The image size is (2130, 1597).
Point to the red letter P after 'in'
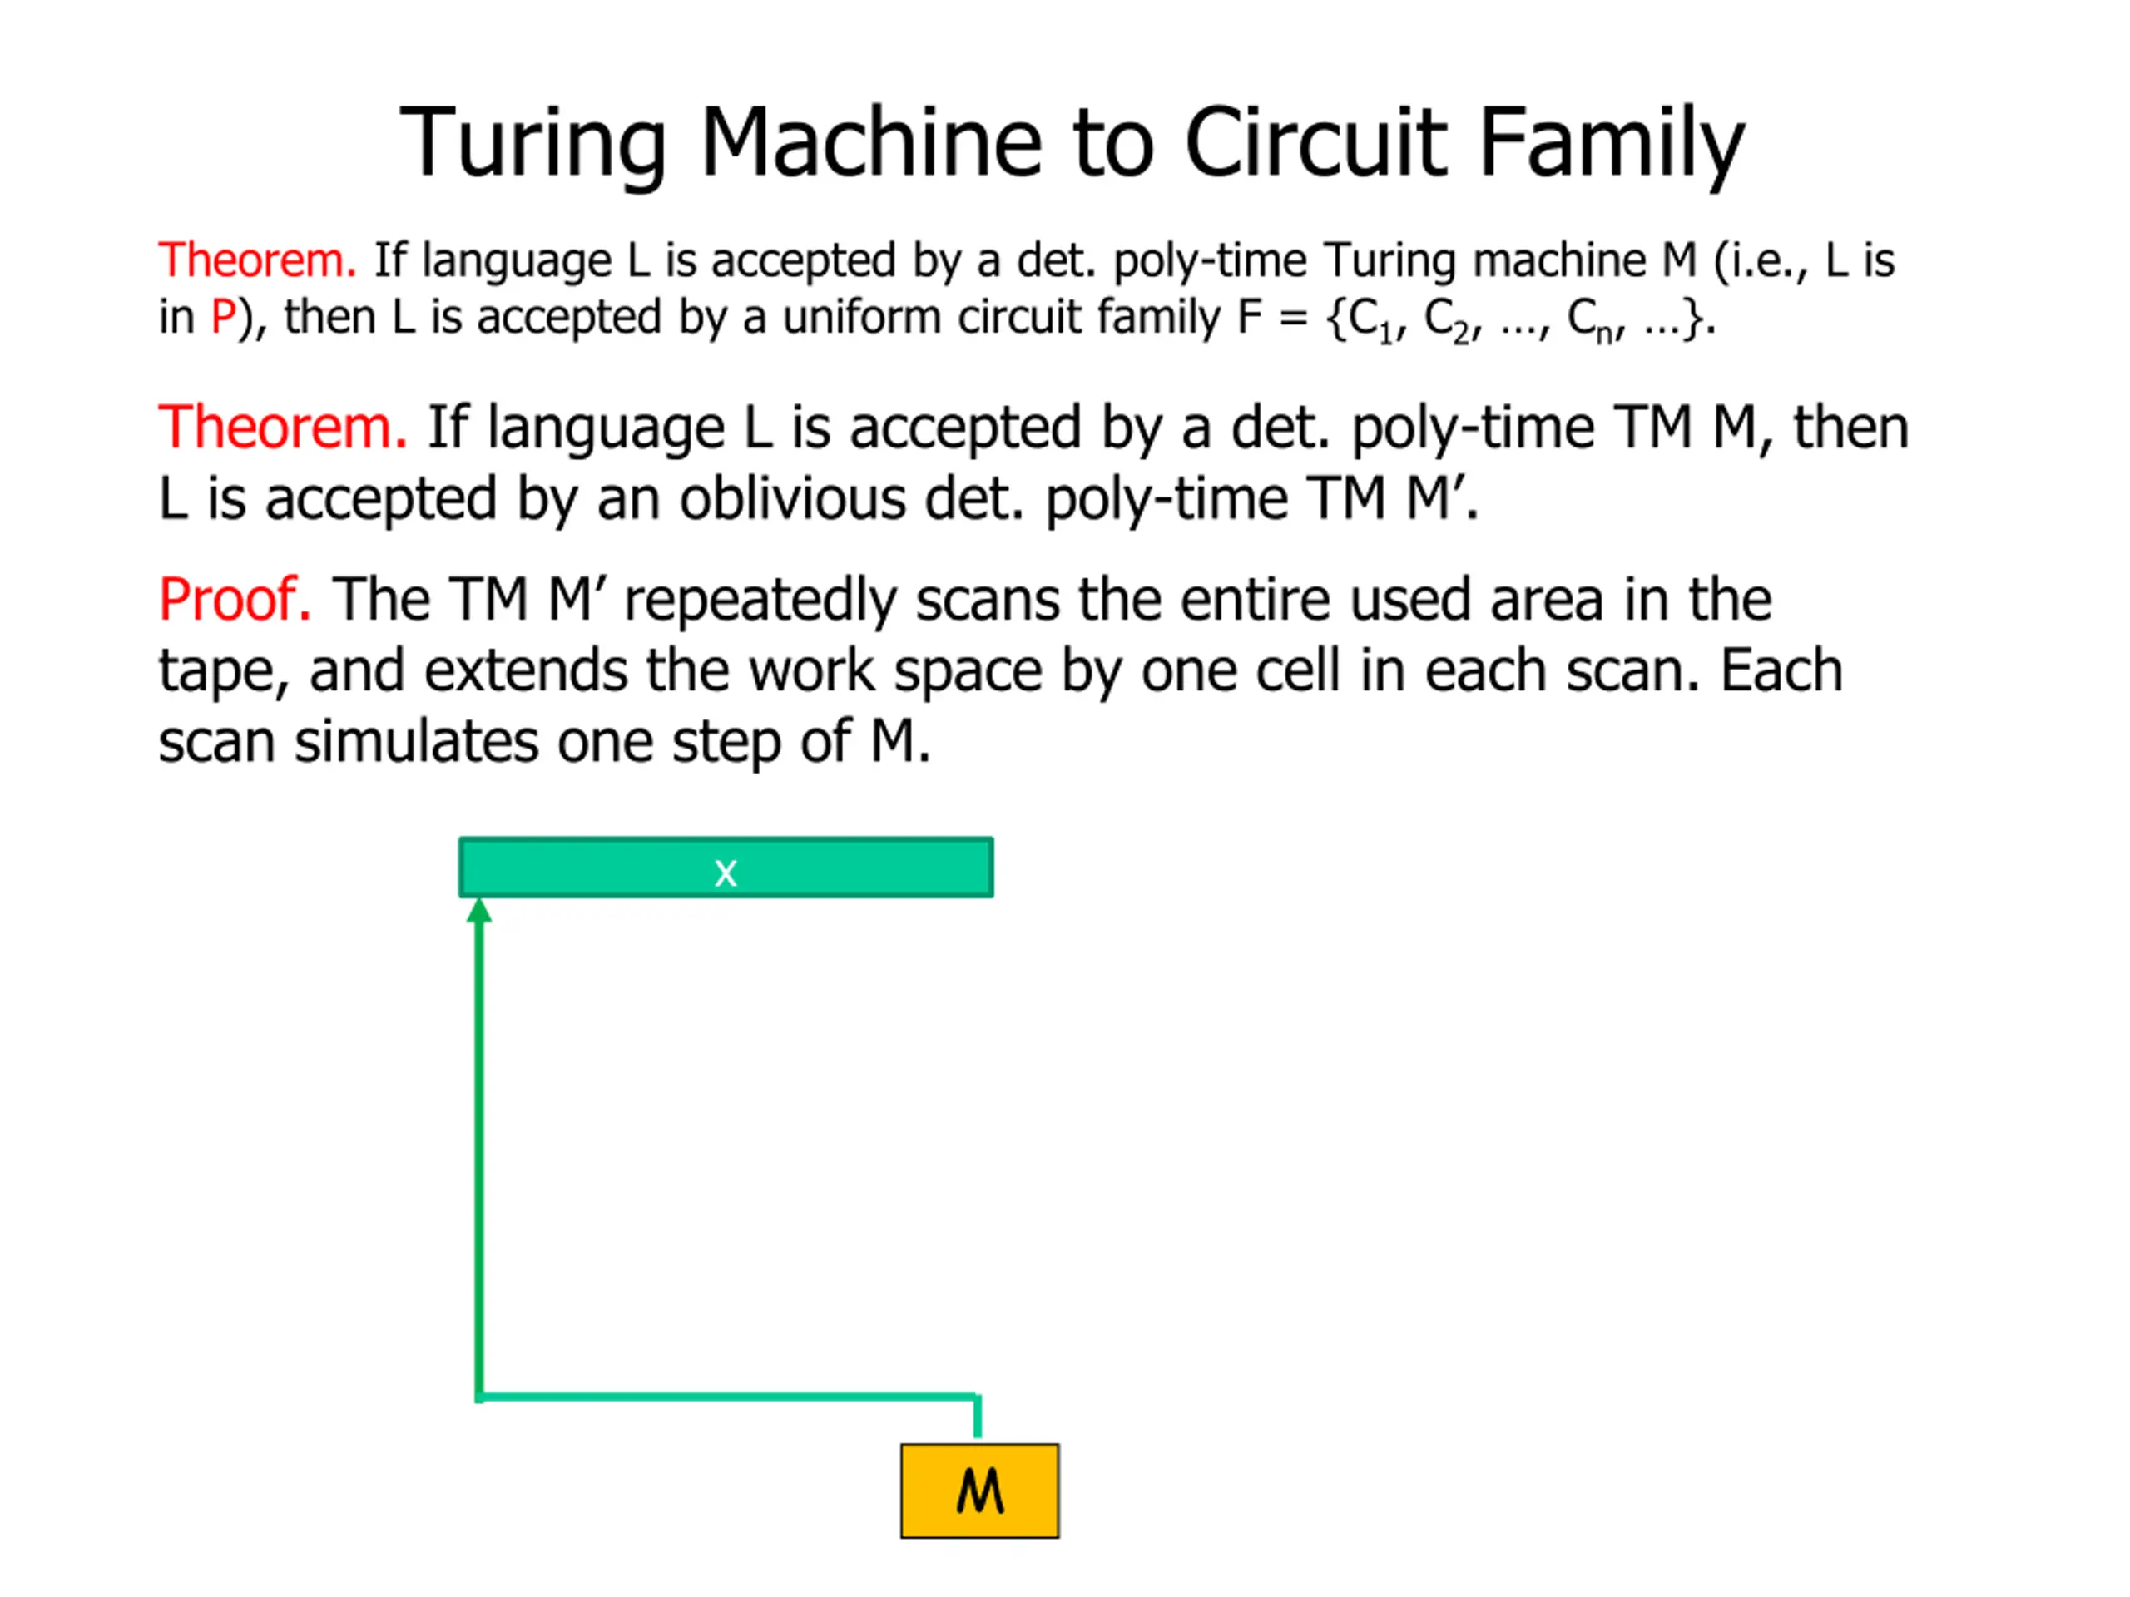223,317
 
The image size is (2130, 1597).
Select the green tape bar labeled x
725,868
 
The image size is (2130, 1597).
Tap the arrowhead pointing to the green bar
479,911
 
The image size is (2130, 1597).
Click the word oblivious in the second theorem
792,498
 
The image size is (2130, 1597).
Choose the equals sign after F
1292,318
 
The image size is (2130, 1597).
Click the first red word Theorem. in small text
257,260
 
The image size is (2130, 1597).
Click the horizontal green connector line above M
728,1396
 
